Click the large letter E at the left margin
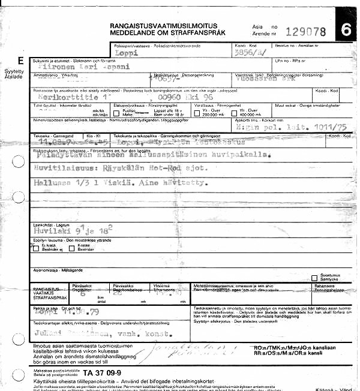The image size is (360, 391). coord(22,61)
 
